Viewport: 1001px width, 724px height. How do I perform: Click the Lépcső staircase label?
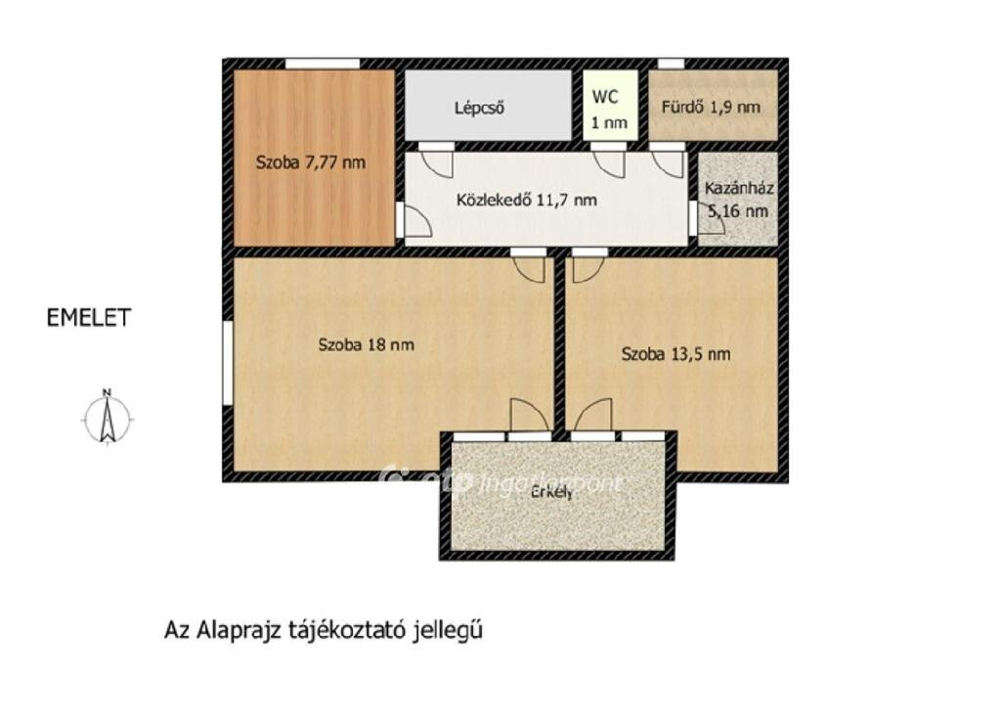pos(479,108)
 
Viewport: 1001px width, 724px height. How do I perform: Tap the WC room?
pos(610,106)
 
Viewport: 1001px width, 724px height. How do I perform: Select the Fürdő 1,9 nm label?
pos(711,107)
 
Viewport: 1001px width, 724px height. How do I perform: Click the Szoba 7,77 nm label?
pos(310,162)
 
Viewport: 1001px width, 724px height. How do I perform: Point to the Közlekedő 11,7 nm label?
pos(527,200)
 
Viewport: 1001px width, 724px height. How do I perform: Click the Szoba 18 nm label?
pos(366,345)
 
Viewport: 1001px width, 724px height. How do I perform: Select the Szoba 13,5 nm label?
pos(676,354)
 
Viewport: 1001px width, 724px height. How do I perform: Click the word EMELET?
pos(89,318)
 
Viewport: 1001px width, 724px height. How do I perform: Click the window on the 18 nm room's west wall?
pos(227,362)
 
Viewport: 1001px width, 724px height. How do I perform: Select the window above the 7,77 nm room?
pos(323,64)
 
